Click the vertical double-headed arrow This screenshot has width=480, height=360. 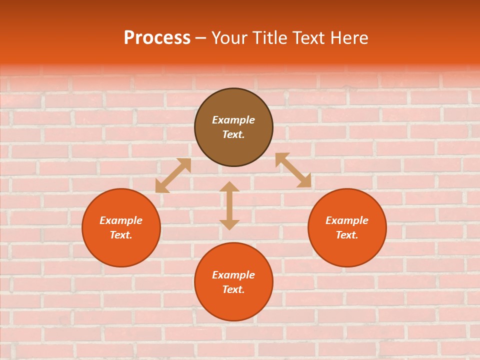tap(229, 205)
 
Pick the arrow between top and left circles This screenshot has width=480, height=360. tap(173, 175)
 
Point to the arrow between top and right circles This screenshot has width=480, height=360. tap(293, 170)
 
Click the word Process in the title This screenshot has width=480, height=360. tap(157, 38)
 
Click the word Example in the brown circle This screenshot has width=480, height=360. tap(233, 120)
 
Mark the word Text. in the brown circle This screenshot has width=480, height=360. tap(233, 134)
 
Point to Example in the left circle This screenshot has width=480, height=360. tap(121, 220)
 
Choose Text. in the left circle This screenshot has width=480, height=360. tap(121, 235)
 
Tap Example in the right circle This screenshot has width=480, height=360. tap(347, 220)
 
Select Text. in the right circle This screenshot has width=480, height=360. tap(347, 235)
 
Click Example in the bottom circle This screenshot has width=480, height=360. tap(233, 275)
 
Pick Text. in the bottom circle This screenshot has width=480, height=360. tap(233, 289)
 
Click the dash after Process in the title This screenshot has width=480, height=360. tap(201, 38)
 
